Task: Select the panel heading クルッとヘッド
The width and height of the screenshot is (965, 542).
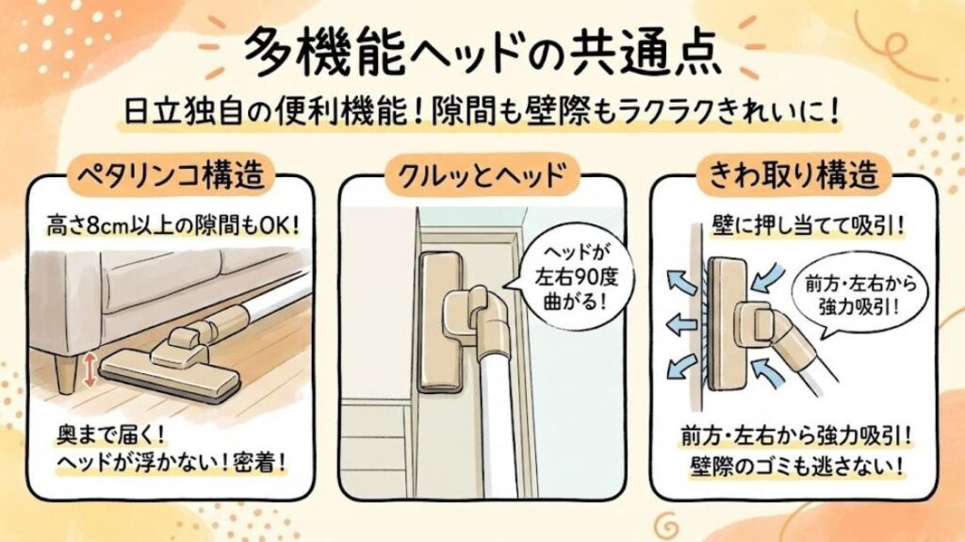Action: pyautogui.click(x=482, y=175)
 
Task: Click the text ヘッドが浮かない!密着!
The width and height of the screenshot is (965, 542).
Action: pyautogui.click(x=170, y=465)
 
